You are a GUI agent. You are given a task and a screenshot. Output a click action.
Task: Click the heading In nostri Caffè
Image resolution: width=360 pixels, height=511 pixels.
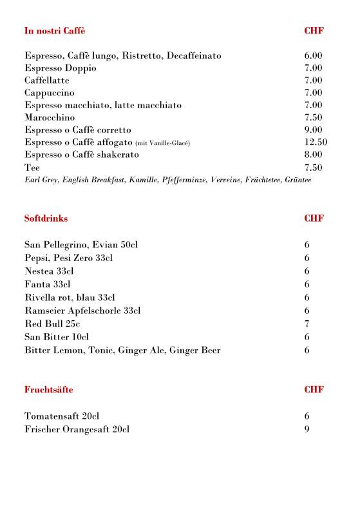(x=55, y=31)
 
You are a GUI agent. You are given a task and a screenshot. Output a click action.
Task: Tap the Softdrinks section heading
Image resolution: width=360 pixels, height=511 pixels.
(x=46, y=218)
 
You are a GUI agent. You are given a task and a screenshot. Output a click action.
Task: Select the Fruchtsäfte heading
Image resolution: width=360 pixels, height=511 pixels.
(x=48, y=390)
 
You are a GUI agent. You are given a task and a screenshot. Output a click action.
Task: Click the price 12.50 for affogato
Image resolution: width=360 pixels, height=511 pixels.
(x=316, y=142)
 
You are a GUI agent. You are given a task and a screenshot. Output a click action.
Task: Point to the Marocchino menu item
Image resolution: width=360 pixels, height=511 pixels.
(x=50, y=117)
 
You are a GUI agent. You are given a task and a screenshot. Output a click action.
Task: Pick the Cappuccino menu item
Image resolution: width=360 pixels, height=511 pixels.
(x=50, y=93)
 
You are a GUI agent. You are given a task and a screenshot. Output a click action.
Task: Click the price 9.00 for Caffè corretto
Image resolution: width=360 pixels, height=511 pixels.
(x=313, y=130)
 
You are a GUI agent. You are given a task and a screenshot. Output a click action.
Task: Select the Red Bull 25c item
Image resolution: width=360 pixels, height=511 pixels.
(x=52, y=323)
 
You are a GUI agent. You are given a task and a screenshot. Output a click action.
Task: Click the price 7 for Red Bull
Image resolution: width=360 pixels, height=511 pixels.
(x=307, y=323)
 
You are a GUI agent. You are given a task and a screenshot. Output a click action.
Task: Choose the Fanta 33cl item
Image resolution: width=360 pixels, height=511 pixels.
(x=47, y=284)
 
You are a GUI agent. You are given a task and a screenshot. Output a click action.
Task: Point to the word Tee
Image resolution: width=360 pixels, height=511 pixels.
(x=32, y=168)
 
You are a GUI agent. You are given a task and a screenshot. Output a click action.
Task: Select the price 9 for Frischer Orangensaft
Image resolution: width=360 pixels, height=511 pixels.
(x=307, y=429)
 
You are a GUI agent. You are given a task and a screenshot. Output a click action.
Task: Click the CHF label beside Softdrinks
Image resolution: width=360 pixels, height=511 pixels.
(x=314, y=218)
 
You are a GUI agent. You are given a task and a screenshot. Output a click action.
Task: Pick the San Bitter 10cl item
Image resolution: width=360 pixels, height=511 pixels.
(x=57, y=337)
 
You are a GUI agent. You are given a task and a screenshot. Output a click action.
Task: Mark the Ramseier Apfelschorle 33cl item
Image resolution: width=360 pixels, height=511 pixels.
(x=82, y=311)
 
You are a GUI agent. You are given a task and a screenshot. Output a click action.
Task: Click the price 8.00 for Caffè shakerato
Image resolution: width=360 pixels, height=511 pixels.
(x=313, y=155)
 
